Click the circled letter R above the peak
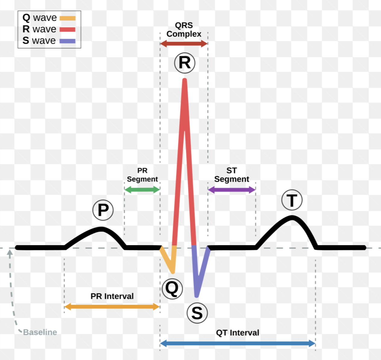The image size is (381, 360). [184, 63]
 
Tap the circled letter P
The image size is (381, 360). [103, 210]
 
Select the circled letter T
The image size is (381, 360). [292, 200]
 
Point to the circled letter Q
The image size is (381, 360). [172, 289]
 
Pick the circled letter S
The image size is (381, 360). [197, 313]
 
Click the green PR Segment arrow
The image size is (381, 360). [142, 190]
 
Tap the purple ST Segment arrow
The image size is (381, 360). [231, 190]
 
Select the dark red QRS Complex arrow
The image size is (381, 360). [184, 44]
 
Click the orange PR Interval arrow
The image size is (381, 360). [112, 307]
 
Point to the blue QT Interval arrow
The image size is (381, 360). [238, 343]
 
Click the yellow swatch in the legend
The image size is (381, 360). [68, 18]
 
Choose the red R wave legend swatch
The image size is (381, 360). [68, 30]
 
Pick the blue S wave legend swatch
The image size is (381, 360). [68, 41]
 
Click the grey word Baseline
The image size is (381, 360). [40, 332]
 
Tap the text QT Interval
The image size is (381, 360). [238, 333]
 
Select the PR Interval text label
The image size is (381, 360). [112, 296]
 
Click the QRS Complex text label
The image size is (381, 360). [184, 30]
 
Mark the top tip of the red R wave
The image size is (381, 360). [185, 80]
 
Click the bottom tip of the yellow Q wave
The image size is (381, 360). [173, 272]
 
